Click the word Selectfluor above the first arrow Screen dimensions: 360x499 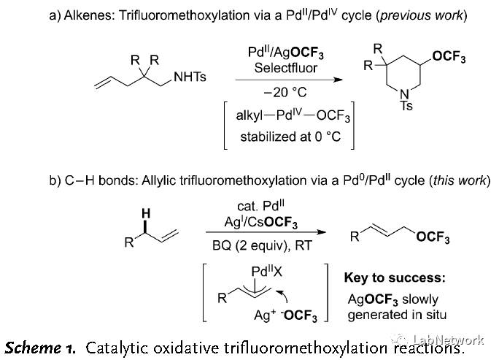click(282, 68)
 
